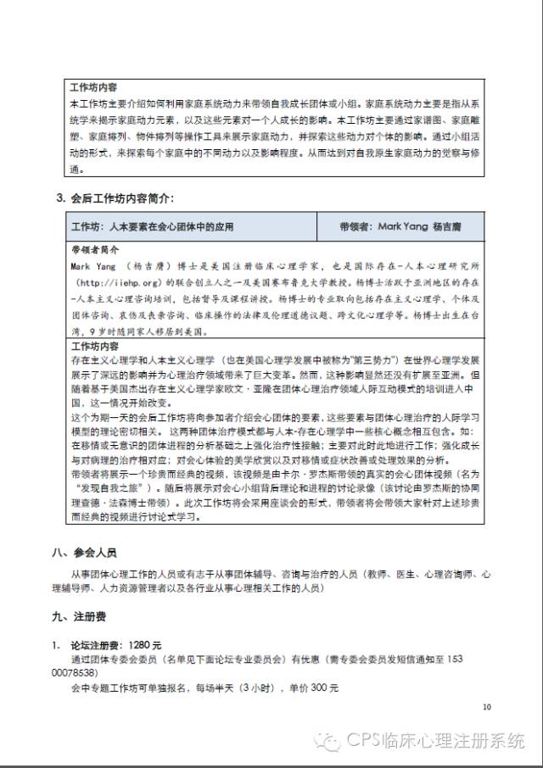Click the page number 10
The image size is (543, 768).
click(486, 706)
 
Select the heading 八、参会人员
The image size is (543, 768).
click(83, 554)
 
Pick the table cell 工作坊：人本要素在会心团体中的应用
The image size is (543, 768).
click(152, 226)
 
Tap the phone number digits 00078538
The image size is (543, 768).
click(98, 673)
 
